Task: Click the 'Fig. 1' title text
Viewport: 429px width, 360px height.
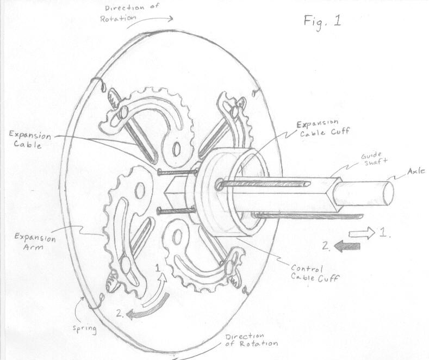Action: coord(323,21)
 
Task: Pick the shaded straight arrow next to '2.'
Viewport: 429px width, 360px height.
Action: coord(347,246)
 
